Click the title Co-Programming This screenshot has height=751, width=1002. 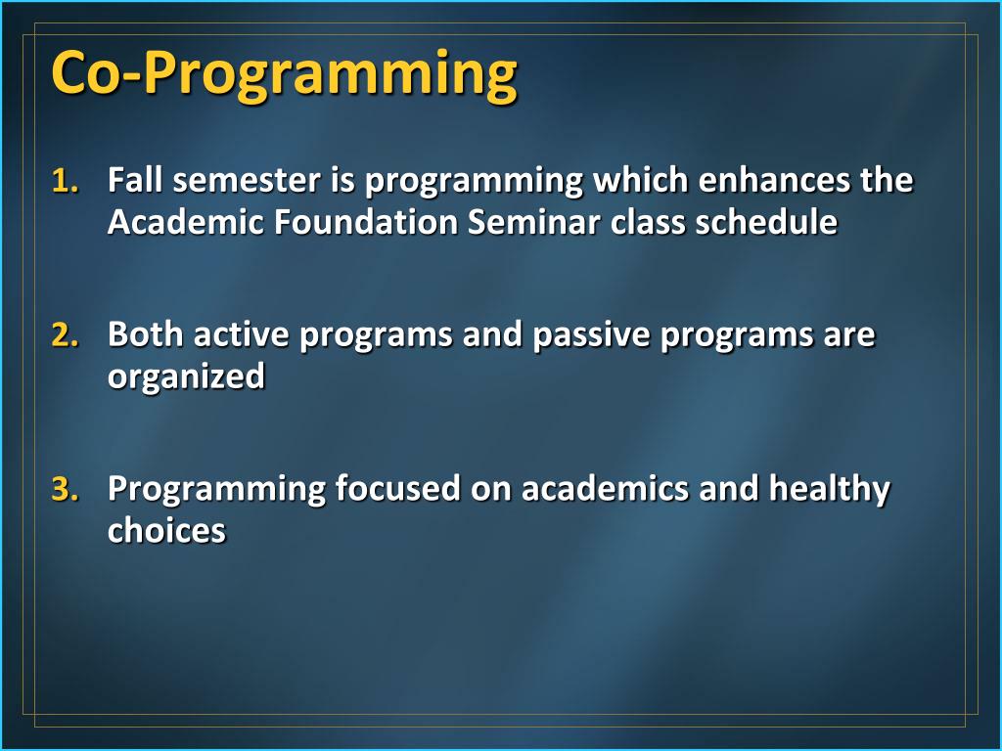(284, 74)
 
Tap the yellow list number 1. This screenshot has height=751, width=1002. (66, 181)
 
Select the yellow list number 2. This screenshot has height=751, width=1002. (66, 335)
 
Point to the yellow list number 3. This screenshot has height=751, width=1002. (66, 490)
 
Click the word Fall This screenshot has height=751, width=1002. (135, 180)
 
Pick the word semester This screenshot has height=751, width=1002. (247, 181)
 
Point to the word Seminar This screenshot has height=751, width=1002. (533, 222)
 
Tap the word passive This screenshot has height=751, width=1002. (592, 334)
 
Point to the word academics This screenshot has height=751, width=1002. (605, 489)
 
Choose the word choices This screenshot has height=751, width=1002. (166, 531)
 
